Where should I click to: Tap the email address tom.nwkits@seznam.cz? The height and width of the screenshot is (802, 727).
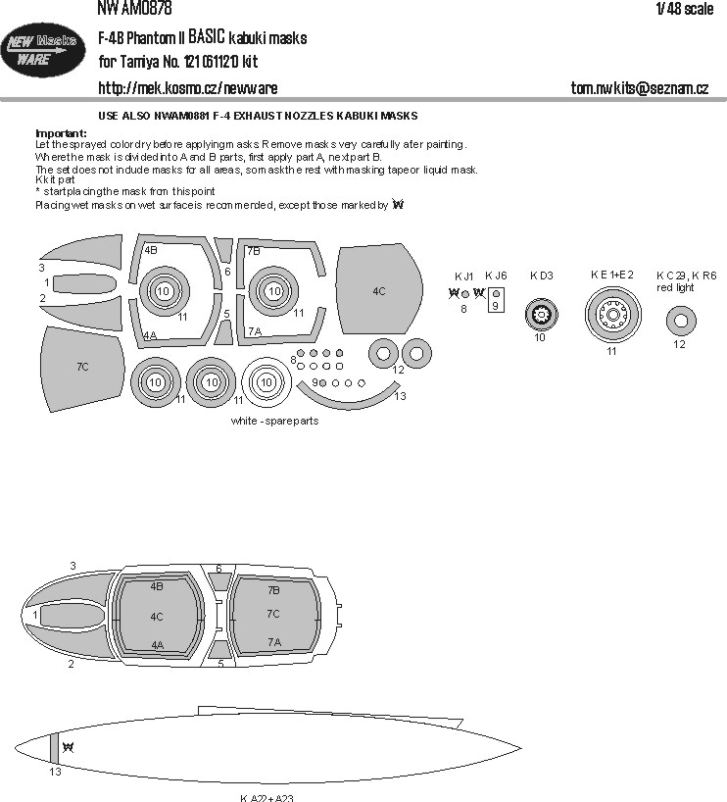point(639,88)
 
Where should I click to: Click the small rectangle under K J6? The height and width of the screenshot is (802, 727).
point(497,299)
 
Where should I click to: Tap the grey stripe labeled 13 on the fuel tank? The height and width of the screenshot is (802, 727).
point(55,749)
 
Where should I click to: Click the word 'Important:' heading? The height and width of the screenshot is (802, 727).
point(62,132)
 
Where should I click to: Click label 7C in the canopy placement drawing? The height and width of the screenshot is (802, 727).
point(273,614)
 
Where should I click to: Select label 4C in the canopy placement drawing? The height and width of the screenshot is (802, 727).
point(157,616)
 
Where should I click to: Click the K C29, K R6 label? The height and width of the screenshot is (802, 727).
point(686,276)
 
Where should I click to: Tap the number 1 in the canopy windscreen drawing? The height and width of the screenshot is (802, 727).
point(35,615)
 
